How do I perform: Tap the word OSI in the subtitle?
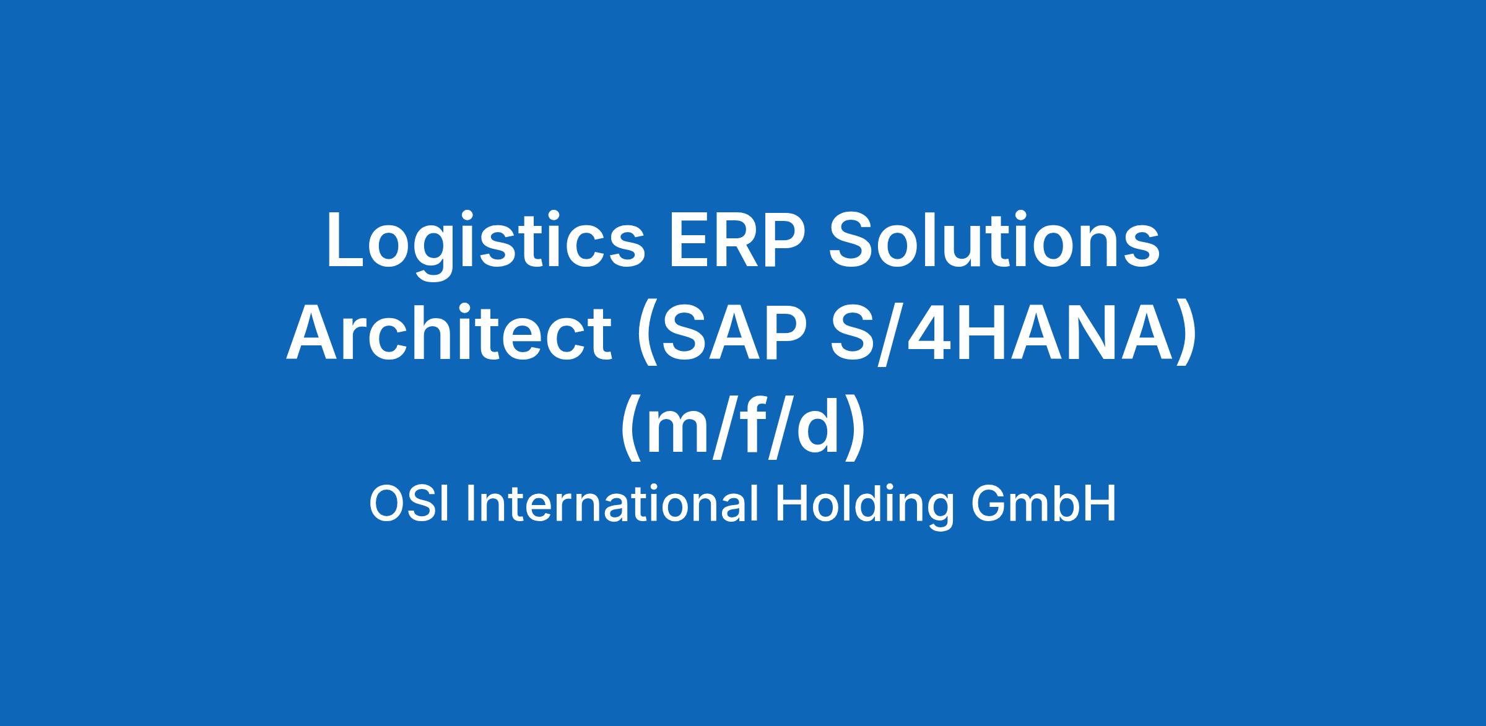coord(412,504)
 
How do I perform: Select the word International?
coord(612,503)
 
